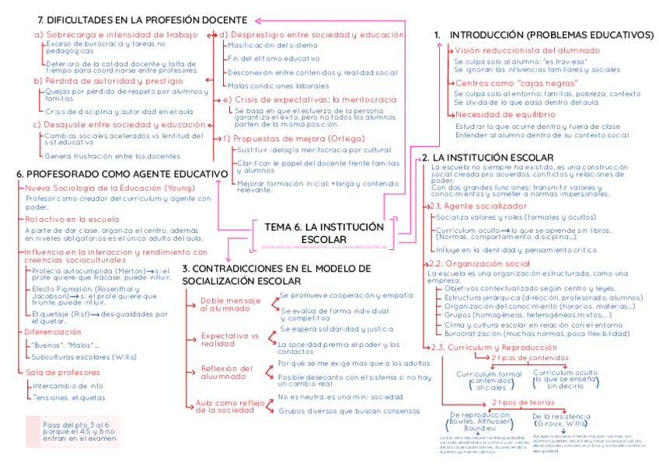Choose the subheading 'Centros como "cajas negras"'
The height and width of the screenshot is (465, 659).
click(516, 82)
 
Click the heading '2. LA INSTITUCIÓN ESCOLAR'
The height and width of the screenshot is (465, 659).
click(487, 158)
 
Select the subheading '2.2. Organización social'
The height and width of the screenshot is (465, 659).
click(479, 264)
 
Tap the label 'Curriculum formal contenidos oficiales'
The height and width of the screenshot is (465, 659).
click(489, 380)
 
